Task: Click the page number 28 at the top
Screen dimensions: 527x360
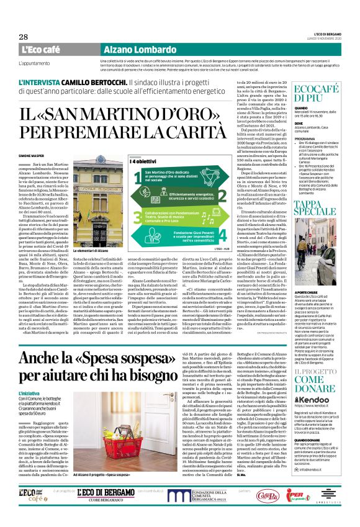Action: tap(14, 38)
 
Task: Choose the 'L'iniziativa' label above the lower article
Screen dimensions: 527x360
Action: tap(47, 394)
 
